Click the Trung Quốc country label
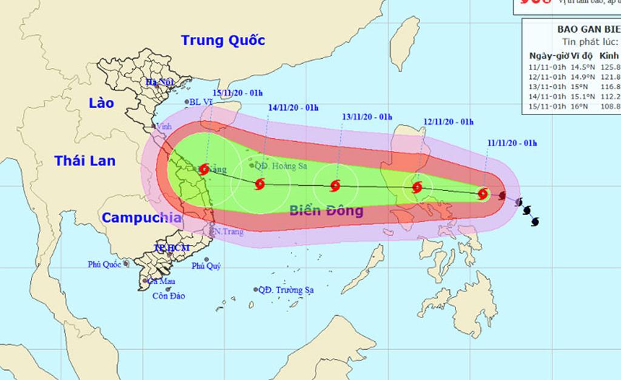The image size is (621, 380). click(x=223, y=41)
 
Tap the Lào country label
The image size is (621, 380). click(x=101, y=102)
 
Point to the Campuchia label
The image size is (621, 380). click(x=141, y=218)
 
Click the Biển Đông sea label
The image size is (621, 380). click(x=326, y=211)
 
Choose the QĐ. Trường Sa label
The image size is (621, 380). click(x=286, y=290)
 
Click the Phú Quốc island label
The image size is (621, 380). click(x=105, y=264)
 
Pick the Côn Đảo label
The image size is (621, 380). click(x=169, y=296)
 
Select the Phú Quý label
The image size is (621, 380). click(x=206, y=266)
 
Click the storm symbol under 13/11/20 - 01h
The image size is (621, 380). click(x=335, y=186)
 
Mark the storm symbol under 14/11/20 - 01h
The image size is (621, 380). click(x=260, y=184)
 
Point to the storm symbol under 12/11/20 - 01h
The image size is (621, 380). click(x=417, y=187)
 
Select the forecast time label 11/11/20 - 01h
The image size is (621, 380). click(x=512, y=143)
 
